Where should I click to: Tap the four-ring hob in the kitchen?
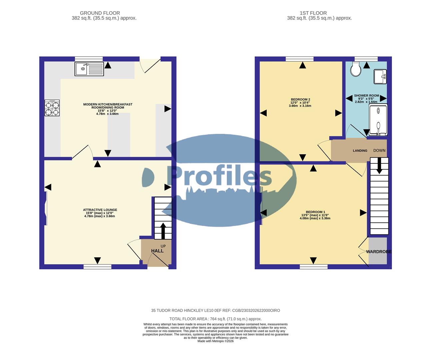click(x=52, y=108)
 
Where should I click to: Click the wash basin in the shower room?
click(x=380, y=76)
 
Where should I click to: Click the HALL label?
click(x=157, y=251)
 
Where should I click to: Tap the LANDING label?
click(x=360, y=151)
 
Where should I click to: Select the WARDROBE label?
click(x=379, y=252)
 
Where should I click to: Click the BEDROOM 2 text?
click(x=300, y=99)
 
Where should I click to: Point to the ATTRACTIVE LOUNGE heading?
click(x=100, y=210)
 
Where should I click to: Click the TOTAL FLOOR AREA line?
click(x=215, y=319)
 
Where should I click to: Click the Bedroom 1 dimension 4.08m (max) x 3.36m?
click(x=315, y=218)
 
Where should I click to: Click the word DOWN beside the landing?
click(x=379, y=151)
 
